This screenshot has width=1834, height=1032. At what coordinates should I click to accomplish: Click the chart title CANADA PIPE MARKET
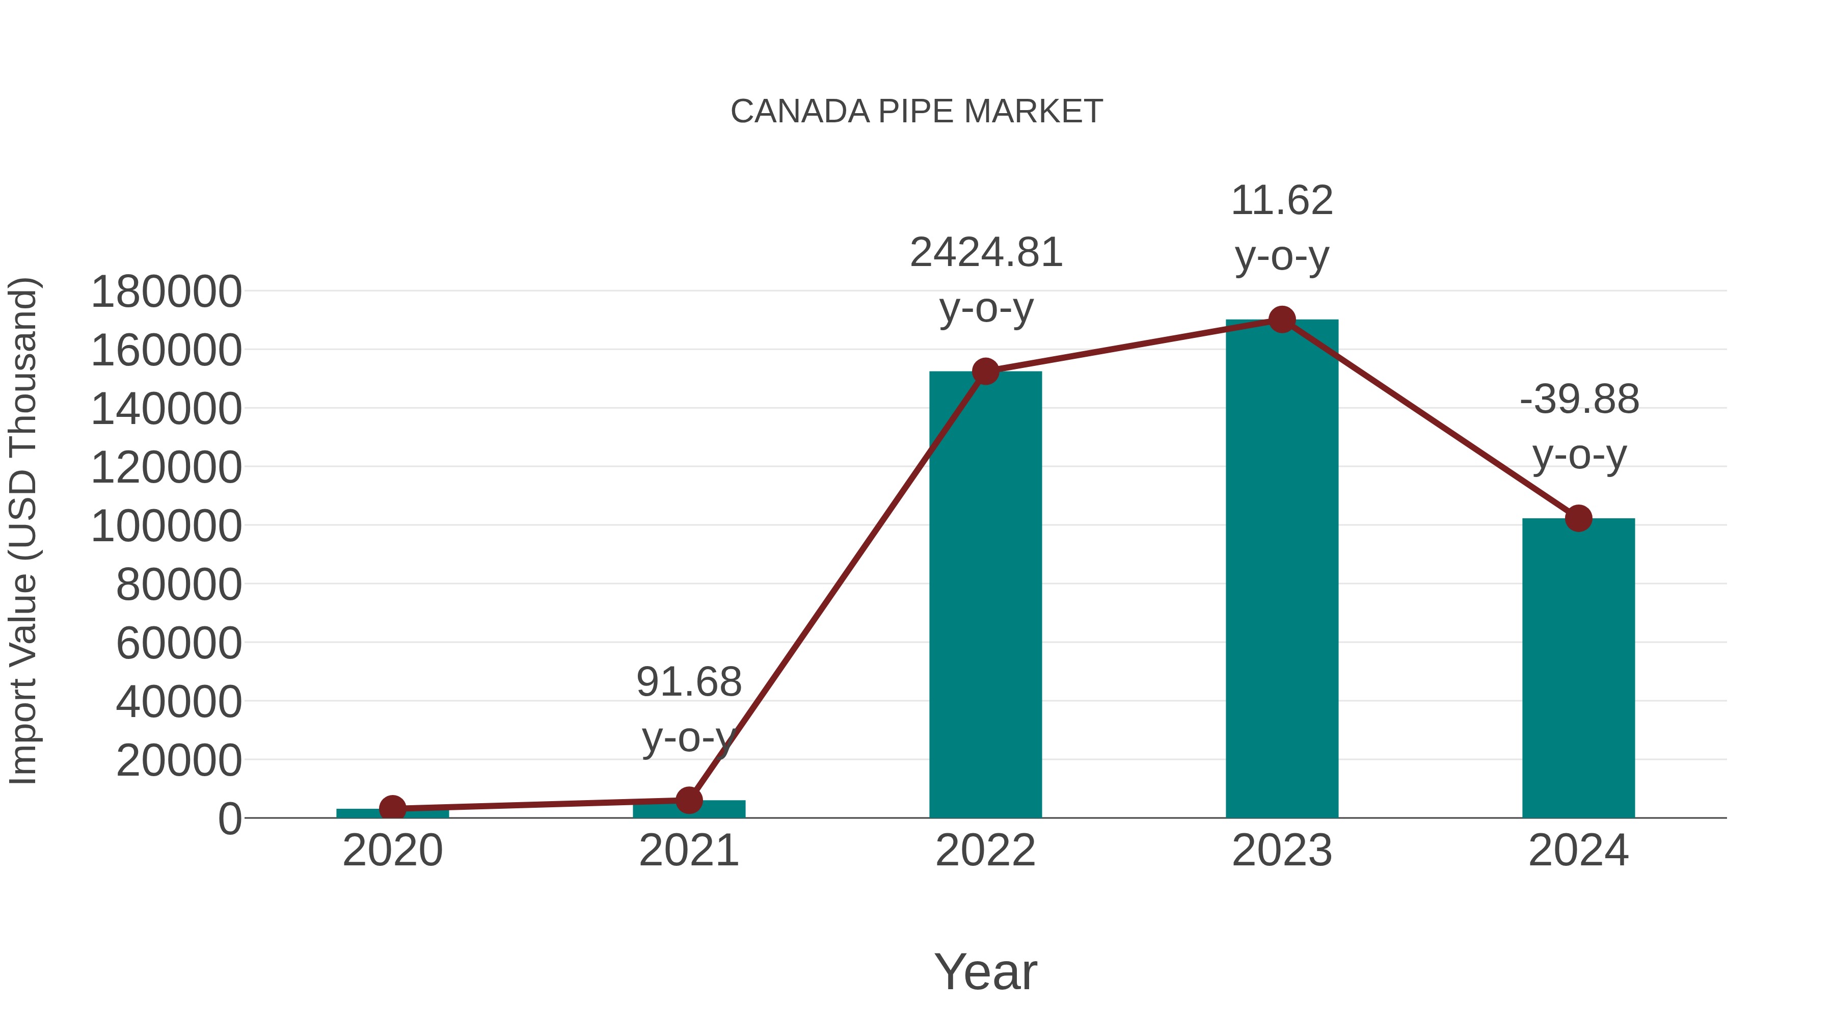coord(916,112)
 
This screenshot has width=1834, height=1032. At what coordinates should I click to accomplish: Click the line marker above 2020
coord(392,808)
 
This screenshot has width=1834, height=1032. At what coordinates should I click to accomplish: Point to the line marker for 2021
coord(688,801)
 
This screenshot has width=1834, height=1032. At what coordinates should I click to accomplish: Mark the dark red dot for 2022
coord(985,371)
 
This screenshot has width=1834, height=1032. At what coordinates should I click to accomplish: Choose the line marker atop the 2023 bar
coord(1282,320)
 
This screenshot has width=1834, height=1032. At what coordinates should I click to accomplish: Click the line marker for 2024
coord(1578,518)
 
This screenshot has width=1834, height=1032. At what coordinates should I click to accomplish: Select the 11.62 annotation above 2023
coord(1282,201)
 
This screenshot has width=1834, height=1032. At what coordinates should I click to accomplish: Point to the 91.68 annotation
coord(688,682)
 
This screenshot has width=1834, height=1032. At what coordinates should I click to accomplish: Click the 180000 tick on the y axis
coord(166,292)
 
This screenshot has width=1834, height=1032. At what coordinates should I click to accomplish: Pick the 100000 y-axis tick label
coord(166,526)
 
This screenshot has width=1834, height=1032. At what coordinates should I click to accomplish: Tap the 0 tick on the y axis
coord(229,819)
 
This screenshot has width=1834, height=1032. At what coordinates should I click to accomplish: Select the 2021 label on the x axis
coord(688,851)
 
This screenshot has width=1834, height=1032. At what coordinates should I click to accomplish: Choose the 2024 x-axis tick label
coord(1578,851)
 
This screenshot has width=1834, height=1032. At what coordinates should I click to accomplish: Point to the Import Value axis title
coord(23,531)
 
